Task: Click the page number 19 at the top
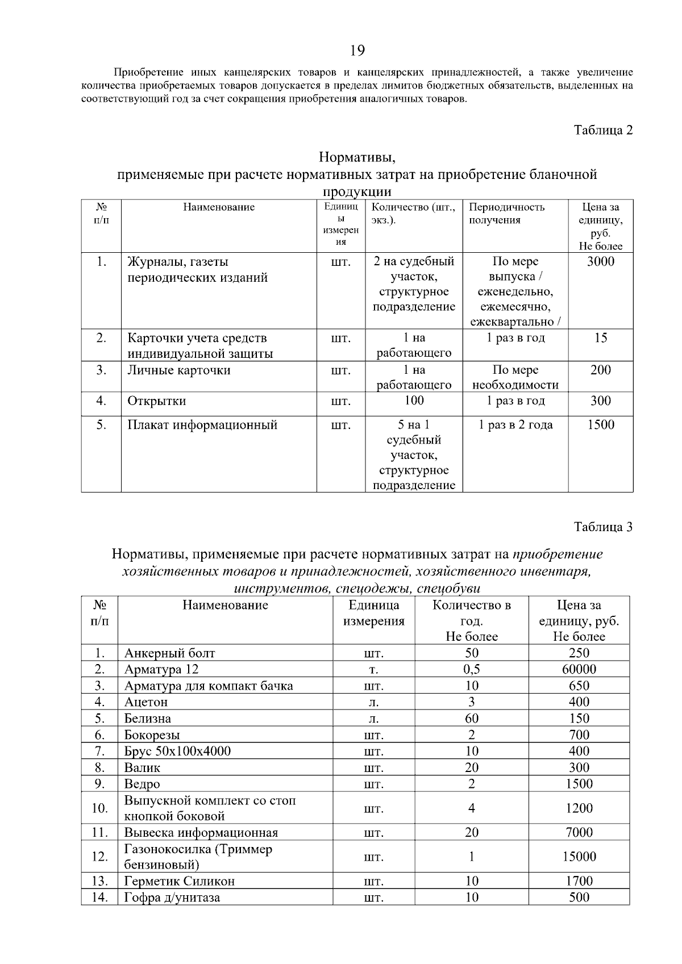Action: (x=357, y=51)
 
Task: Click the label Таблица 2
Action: (x=603, y=130)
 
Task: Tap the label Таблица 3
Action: (x=603, y=527)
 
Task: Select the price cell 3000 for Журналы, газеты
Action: (x=601, y=262)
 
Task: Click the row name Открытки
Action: (x=157, y=401)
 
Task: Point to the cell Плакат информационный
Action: (x=202, y=425)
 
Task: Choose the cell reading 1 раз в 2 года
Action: (x=515, y=425)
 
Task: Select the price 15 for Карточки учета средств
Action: (x=601, y=338)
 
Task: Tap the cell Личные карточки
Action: (x=179, y=370)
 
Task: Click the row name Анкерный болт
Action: (x=170, y=653)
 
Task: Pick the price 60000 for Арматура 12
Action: (x=579, y=670)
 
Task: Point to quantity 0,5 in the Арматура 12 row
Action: (x=471, y=670)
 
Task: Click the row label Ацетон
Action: (x=146, y=702)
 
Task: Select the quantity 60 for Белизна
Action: (x=471, y=719)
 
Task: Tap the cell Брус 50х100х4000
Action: (x=177, y=752)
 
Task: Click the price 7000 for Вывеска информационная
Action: (x=579, y=833)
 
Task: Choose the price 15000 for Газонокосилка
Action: (x=579, y=857)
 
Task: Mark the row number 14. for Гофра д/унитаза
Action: (x=99, y=898)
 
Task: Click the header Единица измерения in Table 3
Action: (x=373, y=613)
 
